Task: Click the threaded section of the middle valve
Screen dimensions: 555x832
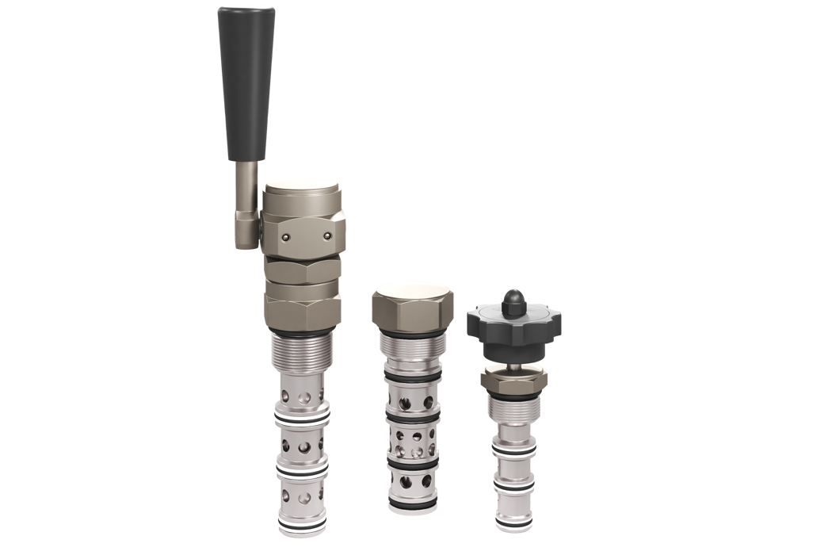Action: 412,349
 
